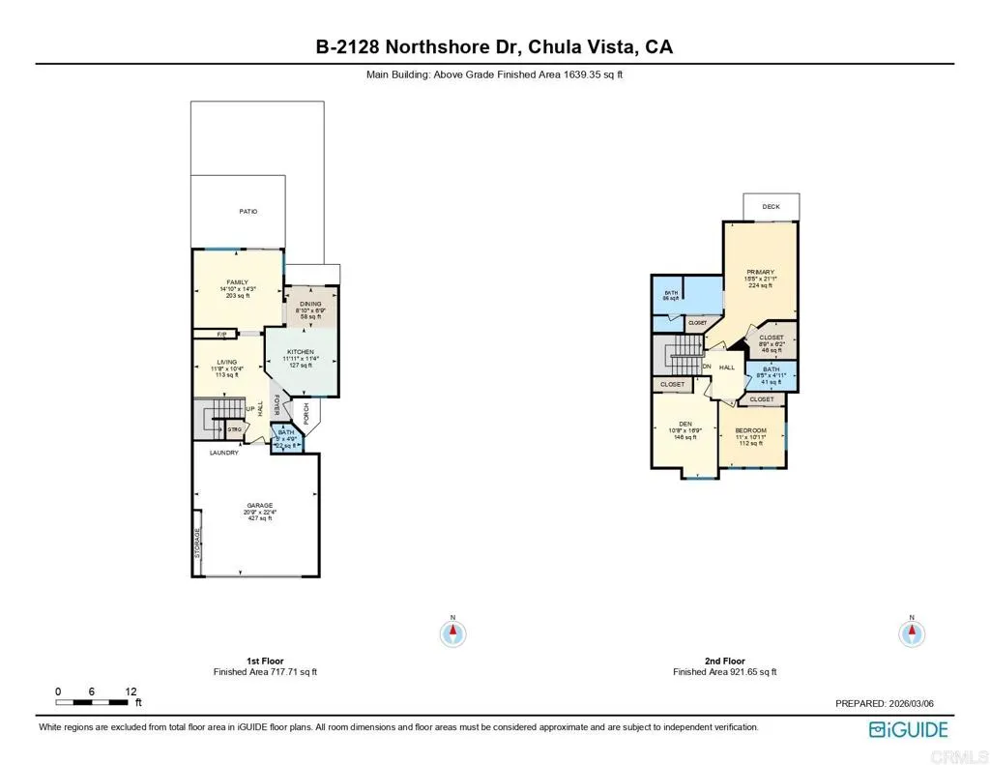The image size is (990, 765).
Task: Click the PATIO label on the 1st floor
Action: [x=248, y=211]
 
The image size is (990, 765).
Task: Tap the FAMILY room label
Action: [x=237, y=282]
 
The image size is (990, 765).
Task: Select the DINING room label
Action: [x=309, y=303]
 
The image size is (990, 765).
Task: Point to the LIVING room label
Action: [x=227, y=362]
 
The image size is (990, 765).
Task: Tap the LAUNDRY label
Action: [x=224, y=452]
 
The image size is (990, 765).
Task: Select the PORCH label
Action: [x=306, y=413]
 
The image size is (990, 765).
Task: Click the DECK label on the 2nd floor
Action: [x=771, y=206]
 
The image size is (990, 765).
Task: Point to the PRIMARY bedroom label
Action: [x=760, y=272]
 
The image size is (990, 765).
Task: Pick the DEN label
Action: [x=685, y=424]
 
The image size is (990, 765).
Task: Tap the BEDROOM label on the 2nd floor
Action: [x=750, y=430]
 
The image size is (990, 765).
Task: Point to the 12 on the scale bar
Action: [x=131, y=691]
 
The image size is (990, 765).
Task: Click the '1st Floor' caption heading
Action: [x=265, y=661]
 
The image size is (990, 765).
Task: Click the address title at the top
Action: [x=495, y=46]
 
